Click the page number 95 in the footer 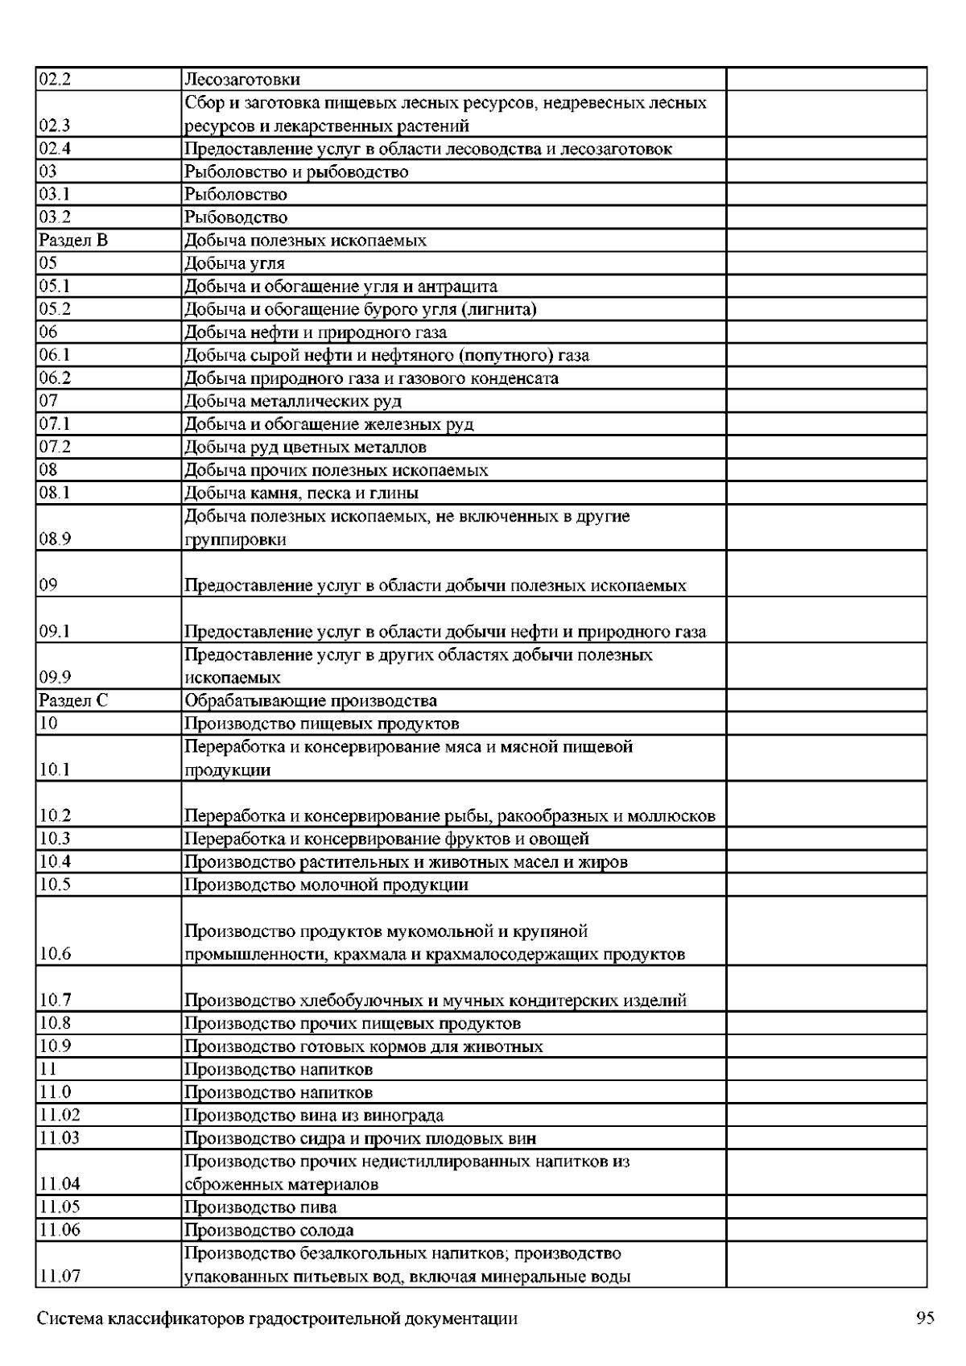925,1319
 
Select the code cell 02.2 56,80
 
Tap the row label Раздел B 73,241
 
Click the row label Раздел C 73,700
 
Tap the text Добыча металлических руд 293,402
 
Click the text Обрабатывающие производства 311,700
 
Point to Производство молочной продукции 326,885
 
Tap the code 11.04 60,1184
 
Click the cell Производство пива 261,1207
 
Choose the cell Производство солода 269,1231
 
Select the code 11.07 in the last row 60,1277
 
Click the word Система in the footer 69,1319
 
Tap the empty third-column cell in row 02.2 826,80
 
